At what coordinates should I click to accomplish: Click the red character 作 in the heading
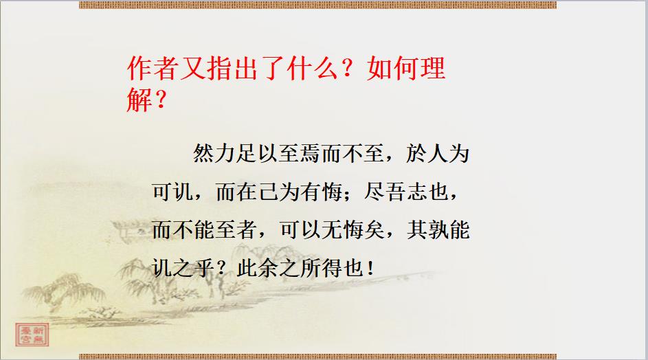(x=140, y=68)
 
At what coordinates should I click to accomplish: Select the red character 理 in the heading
(x=433, y=68)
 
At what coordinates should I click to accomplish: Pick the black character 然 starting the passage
(x=203, y=154)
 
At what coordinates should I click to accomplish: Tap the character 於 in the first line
(x=416, y=154)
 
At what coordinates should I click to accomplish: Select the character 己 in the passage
(x=268, y=192)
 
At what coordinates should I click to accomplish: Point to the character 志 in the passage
(x=416, y=192)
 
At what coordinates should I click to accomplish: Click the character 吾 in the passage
(x=396, y=192)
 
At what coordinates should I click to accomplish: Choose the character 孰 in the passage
(x=438, y=230)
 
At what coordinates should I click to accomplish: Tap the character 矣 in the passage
(x=374, y=230)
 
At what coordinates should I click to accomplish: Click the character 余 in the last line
(x=268, y=269)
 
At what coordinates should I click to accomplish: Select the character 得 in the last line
(x=332, y=269)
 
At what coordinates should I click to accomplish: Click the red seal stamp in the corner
(x=32, y=335)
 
